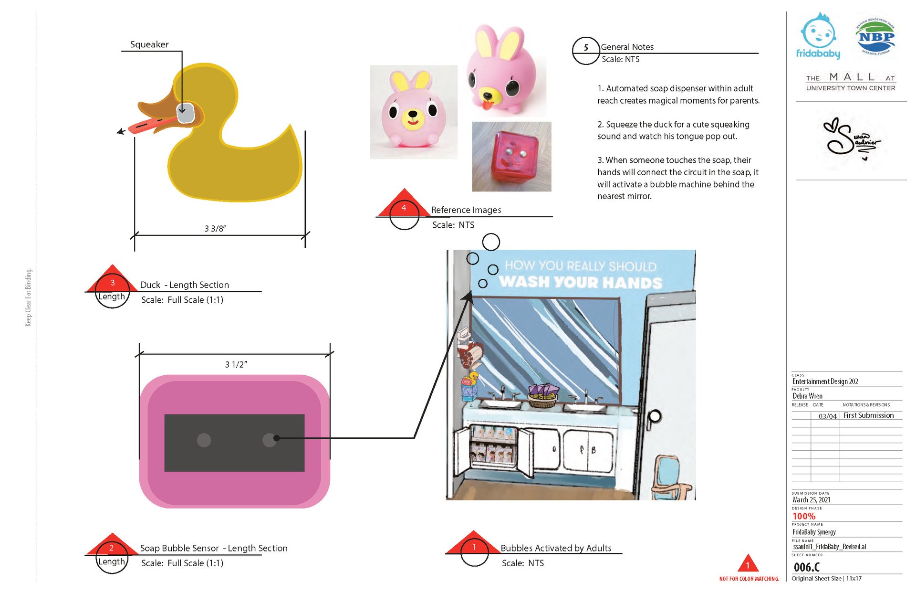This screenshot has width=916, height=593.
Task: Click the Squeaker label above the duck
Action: click(149, 44)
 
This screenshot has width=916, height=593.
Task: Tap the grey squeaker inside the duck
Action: click(185, 113)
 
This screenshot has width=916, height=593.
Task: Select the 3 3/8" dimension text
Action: click(215, 229)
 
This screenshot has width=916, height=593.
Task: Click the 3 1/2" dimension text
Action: click(236, 365)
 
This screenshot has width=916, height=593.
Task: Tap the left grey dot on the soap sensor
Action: click(204, 440)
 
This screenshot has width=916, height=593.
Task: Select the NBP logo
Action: click(875, 37)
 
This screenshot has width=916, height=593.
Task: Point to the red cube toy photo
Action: click(511, 157)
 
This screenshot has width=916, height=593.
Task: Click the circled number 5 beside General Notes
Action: click(585, 48)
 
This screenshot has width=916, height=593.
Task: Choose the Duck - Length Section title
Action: click(185, 285)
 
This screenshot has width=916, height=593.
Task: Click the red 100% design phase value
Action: click(804, 517)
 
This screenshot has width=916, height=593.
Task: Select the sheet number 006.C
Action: click(806, 567)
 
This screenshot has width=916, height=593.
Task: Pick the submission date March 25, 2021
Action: click(812, 500)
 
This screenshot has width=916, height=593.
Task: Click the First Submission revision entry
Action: click(868, 415)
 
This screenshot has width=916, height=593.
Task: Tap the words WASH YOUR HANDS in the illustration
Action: click(581, 282)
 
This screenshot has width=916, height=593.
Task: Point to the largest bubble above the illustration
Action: click(491, 242)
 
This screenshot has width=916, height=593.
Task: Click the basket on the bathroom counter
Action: click(543, 397)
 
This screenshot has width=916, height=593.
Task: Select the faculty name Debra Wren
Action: click(807, 396)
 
